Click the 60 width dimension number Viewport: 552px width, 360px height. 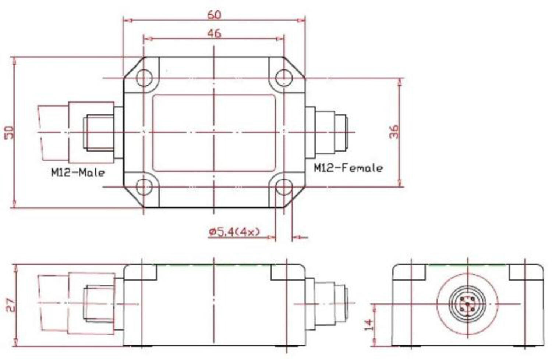click(214, 14)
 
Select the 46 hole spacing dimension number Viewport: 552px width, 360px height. click(214, 33)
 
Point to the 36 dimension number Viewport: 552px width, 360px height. click(394, 132)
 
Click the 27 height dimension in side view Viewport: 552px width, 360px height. click(11, 305)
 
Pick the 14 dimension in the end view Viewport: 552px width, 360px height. click(368, 324)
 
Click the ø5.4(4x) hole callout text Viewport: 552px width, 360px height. click(234, 232)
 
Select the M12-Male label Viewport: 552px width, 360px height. click(78, 172)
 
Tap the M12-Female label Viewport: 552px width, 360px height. click(348, 168)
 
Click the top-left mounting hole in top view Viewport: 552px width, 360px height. click(144, 78)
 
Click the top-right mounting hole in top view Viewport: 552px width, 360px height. click(284, 78)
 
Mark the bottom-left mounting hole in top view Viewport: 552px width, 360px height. click(144, 186)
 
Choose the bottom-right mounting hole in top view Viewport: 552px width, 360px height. click(284, 187)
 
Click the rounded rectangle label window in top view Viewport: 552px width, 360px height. click(214, 133)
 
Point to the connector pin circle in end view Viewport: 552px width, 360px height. click(467, 304)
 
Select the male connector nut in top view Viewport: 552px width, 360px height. click(98, 132)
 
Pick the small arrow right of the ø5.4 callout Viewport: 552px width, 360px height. click(300, 237)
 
